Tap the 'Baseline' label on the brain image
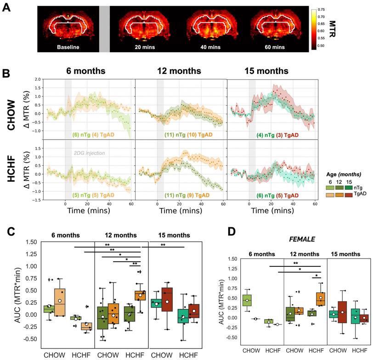click(x=67, y=46)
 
